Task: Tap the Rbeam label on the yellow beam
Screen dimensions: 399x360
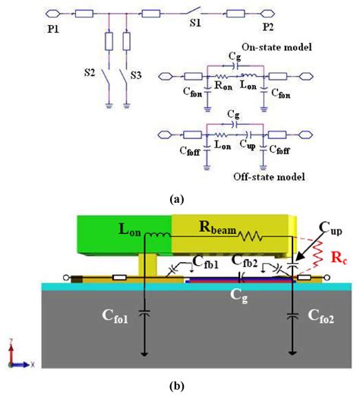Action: pos(216,226)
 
